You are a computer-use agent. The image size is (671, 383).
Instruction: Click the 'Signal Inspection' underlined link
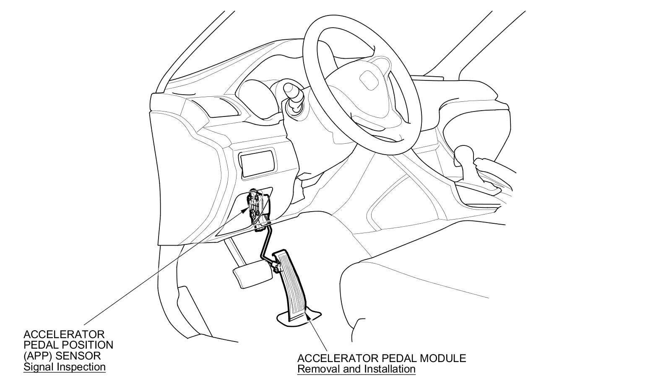[64, 367]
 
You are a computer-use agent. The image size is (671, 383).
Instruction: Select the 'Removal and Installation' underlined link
[356, 369]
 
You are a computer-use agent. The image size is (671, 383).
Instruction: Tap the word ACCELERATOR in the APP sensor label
[64, 334]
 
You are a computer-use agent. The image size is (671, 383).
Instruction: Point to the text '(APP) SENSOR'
[62, 356]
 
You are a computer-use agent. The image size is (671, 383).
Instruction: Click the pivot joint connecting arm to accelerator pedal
[276, 267]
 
